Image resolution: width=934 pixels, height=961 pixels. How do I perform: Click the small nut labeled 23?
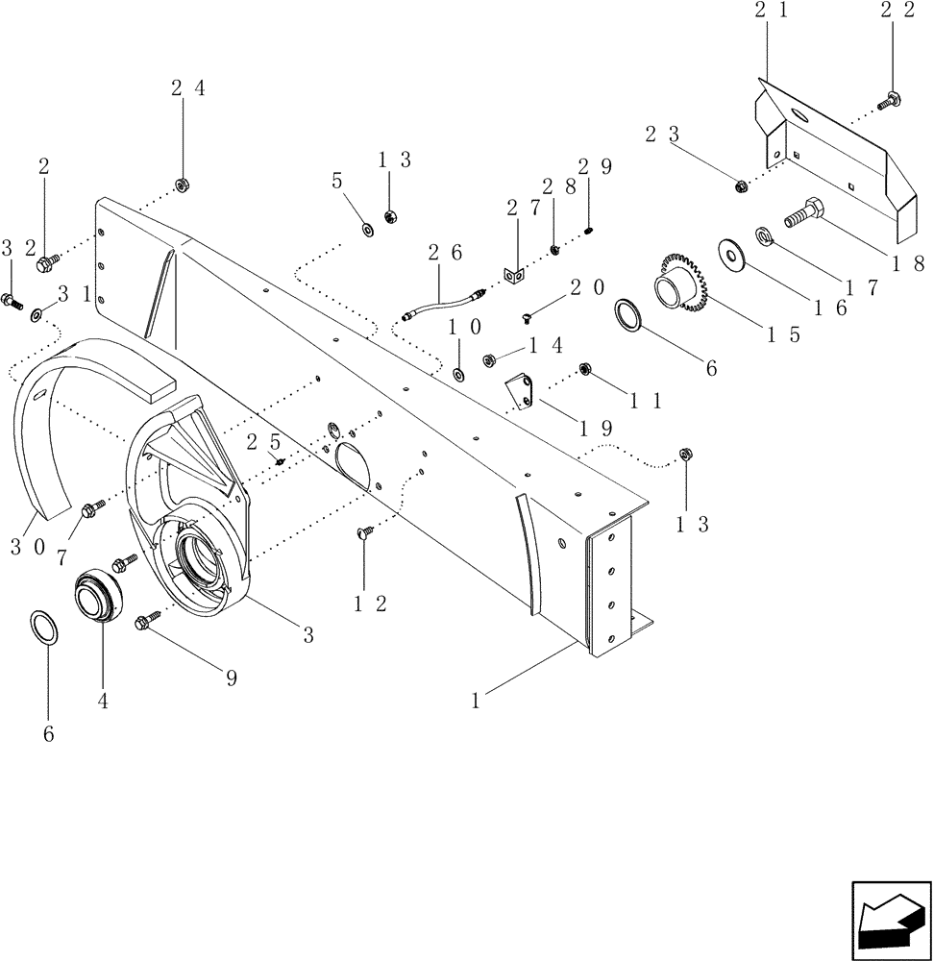741,185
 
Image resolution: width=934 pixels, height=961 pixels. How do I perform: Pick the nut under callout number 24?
180,185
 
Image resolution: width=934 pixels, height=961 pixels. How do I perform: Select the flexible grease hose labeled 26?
442,306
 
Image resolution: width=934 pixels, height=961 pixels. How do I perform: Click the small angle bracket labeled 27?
515,276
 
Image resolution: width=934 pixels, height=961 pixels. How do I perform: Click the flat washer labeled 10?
457,372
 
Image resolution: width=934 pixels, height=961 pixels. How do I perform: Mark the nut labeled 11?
583,369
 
